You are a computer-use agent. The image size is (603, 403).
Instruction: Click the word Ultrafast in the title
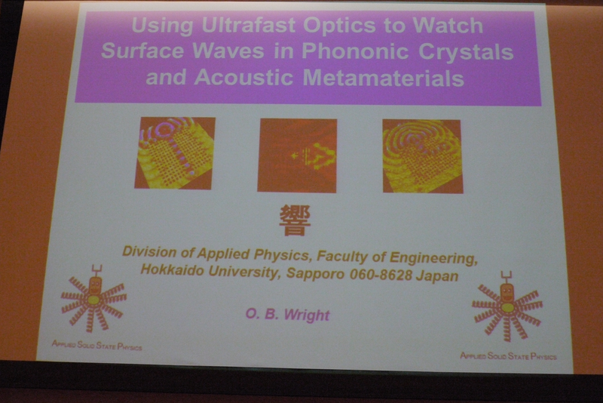coord(249,26)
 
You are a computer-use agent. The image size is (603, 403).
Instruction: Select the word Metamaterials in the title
coord(384,78)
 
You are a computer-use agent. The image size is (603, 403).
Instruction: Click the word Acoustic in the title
coord(243,77)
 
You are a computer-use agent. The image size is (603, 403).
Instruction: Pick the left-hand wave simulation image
coord(175,152)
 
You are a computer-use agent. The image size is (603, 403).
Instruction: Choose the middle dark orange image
coord(297,155)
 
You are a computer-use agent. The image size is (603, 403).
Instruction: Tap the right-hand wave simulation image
coord(423,156)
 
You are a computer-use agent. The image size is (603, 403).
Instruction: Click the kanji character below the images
coord(295,220)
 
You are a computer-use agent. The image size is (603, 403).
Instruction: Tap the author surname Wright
coord(307,315)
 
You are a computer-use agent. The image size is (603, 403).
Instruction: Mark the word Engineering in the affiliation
coord(433,259)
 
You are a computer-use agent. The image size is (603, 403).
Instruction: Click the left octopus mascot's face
coord(95,285)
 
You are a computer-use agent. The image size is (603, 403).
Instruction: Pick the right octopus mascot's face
coord(507,294)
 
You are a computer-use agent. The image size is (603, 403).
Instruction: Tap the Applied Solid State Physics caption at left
coord(97,345)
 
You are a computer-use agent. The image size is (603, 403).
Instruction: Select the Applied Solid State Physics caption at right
coord(508,356)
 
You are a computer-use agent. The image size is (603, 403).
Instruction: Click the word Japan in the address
coord(437,276)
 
